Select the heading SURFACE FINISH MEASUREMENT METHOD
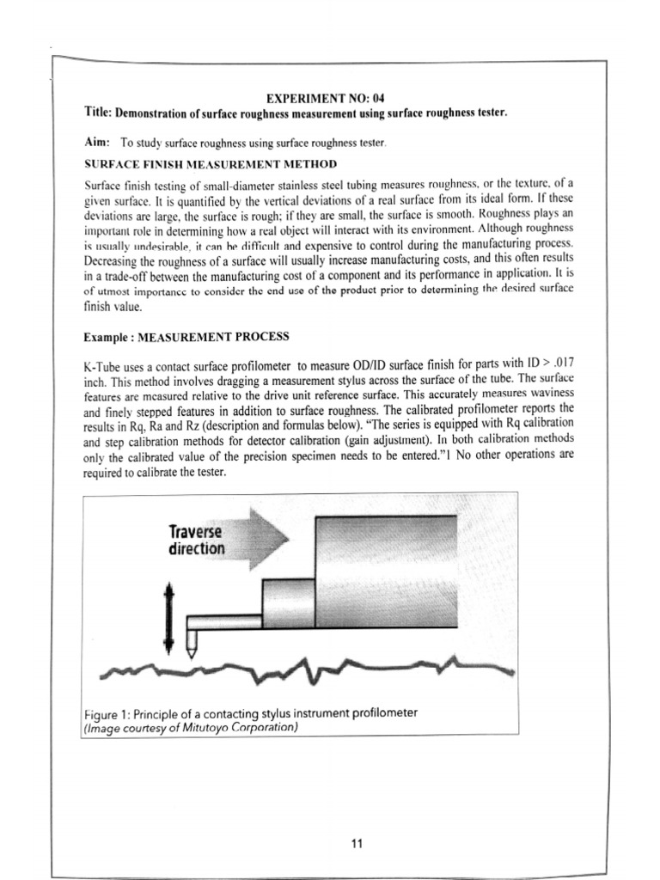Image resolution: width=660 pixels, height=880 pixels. (210, 163)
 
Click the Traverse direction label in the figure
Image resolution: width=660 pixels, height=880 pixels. (197, 540)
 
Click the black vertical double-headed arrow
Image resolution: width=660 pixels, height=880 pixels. (169, 617)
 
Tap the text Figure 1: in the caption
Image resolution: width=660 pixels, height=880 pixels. (110, 713)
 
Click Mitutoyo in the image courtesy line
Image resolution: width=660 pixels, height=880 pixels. (213, 728)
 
